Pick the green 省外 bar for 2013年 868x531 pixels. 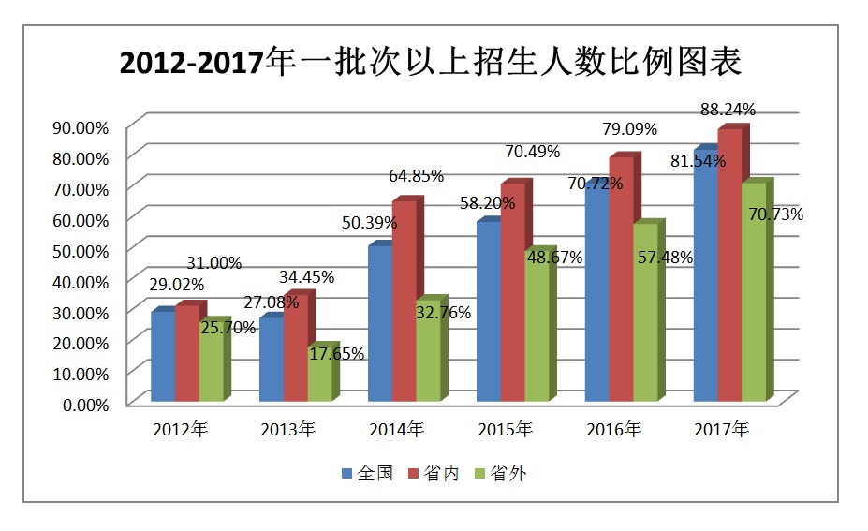(320, 375)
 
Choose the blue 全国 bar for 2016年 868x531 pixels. (596, 295)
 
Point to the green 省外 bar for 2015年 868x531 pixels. (537, 328)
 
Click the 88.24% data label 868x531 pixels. (728, 110)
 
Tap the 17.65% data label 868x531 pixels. (337, 353)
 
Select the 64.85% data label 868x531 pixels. (417, 175)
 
